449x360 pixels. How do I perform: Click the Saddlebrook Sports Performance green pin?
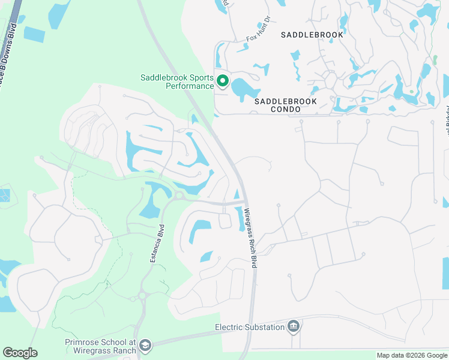(x=222, y=80)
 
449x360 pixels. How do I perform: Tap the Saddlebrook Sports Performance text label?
(x=177, y=82)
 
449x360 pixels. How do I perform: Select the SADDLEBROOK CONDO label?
(x=285, y=106)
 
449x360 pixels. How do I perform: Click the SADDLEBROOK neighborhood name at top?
(x=312, y=35)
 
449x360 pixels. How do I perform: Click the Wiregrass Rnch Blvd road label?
(x=250, y=238)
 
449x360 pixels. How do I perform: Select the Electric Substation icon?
(x=294, y=326)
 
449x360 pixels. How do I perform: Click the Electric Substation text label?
(x=250, y=328)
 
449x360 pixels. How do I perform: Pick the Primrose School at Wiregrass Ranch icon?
(x=146, y=345)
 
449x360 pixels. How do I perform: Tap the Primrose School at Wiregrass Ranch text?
(x=101, y=346)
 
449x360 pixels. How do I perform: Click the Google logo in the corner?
(x=20, y=353)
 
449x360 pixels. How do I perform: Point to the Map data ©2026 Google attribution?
(x=411, y=355)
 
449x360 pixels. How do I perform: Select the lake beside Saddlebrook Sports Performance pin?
(x=244, y=89)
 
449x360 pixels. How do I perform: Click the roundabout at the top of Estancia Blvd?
(x=179, y=196)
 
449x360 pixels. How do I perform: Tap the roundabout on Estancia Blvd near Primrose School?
(x=143, y=295)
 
